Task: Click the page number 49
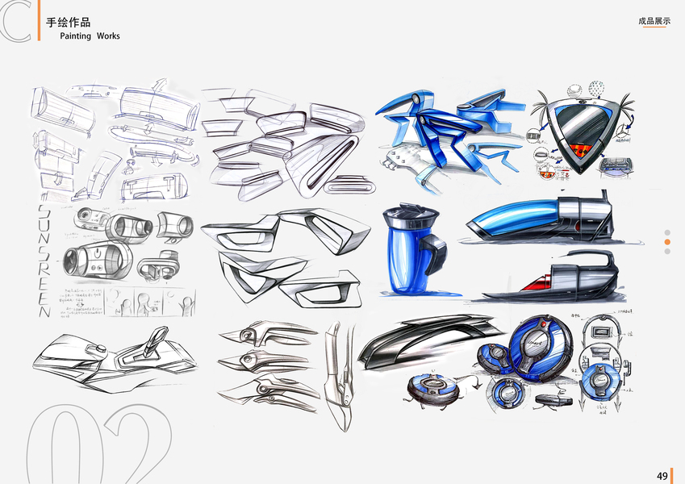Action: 662,476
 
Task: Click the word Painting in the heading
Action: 75,36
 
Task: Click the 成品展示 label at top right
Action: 654,21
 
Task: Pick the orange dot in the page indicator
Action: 667,241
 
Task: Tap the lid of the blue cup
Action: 409,215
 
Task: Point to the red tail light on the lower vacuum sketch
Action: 534,284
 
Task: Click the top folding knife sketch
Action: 270,332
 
